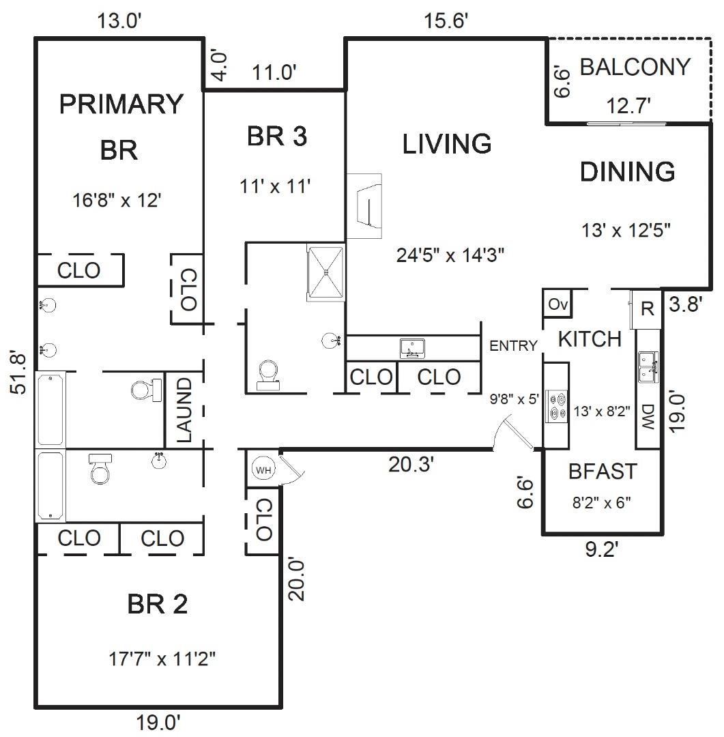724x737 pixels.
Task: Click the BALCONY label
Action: (635, 67)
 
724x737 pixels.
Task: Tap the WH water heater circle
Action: (263, 469)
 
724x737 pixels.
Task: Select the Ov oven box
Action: (558, 304)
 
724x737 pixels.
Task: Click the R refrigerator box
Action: (647, 309)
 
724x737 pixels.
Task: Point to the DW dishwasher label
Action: (648, 416)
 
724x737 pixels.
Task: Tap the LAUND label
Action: (184, 410)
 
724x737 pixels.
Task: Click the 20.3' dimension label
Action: (410, 465)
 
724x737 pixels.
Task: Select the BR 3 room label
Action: (277, 136)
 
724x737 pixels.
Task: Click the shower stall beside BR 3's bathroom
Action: (325, 272)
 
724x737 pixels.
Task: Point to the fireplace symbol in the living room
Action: (364, 206)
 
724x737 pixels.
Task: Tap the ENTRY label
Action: (513, 346)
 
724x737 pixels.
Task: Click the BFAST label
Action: (603, 472)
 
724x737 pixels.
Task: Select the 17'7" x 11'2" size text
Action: (162, 659)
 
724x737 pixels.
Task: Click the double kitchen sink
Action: (648, 367)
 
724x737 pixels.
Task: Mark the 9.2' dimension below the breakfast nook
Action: (601, 549)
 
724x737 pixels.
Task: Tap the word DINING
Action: (627, 172)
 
